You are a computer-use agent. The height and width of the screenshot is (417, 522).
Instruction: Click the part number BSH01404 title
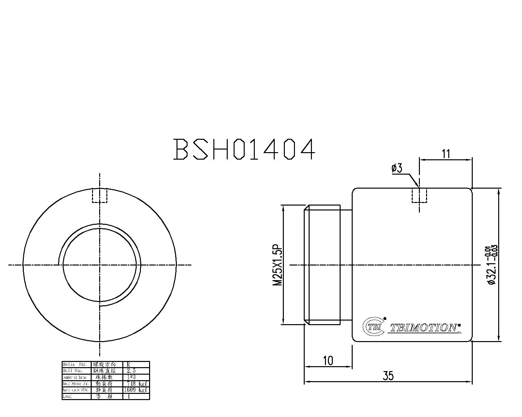tap(244, 149)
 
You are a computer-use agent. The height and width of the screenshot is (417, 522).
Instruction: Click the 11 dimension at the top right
tap(446, 153)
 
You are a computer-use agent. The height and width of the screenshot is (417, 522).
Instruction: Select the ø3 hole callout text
tap(397, 168)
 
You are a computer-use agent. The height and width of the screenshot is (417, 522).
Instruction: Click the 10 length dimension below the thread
tap(328, 361)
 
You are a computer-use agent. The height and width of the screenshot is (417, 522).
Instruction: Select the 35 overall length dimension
tap(388, 376)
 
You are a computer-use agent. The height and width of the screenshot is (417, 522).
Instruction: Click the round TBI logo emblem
tap(374, 326)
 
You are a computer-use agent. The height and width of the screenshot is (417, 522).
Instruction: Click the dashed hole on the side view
tap(419, 195)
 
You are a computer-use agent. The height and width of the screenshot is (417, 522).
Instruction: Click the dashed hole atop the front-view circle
tap(100, 195)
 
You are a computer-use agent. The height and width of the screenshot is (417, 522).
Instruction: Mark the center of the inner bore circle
tap(100, 265)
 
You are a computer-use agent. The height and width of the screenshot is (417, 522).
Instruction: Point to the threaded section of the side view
tap(322, 265)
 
